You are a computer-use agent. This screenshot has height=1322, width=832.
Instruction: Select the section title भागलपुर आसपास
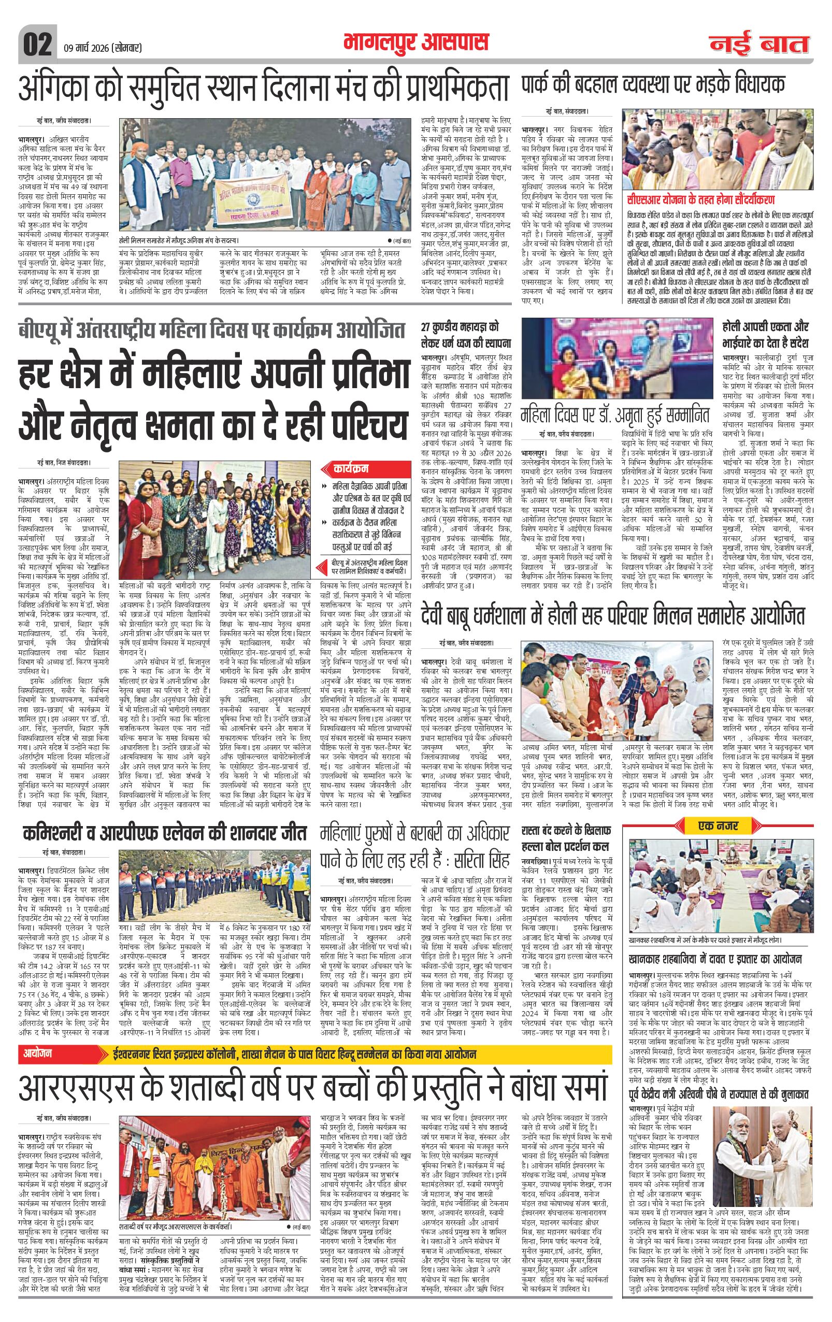coord(415,44)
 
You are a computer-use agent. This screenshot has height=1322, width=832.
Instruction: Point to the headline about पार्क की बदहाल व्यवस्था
coord(653,84)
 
